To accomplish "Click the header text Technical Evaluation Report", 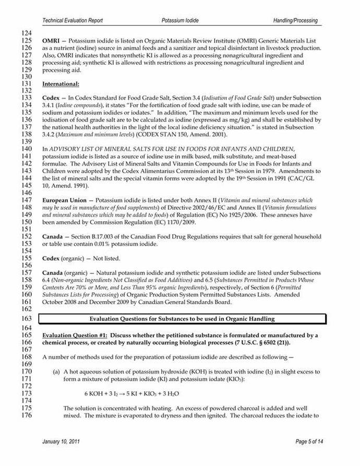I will (73, 20).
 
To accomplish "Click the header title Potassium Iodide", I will (180, 20).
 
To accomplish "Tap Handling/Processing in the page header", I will (295, 20).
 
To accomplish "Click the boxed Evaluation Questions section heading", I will (182, 318).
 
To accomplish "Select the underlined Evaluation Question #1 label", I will (75, 335).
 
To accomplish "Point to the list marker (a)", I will (56, 372).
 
